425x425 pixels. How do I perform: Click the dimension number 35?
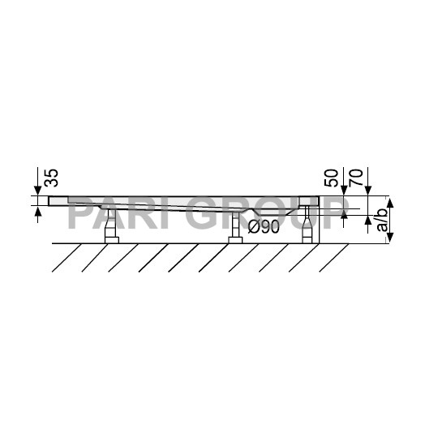(48, 178)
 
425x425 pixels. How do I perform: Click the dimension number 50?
(332, 178)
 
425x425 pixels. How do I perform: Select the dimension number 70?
(354, 178)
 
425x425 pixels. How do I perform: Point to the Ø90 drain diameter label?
(265, 227)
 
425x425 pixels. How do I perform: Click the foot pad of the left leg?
(112, 238)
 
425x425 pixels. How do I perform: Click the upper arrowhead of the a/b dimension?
(390, 200)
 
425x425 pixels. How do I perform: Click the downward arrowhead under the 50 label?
(344, 191)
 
